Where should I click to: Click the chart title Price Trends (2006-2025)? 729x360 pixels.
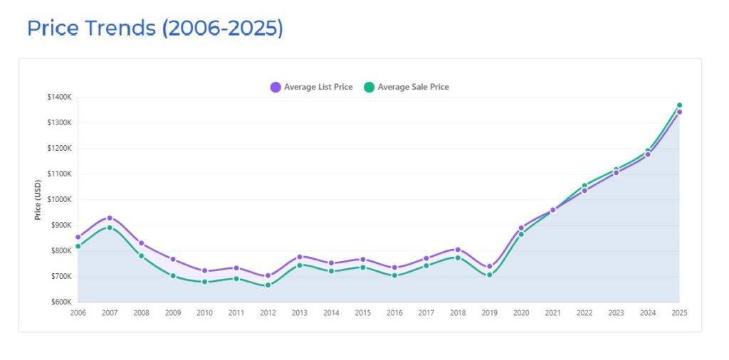(154, 28)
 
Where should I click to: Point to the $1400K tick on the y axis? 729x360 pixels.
(58, 97)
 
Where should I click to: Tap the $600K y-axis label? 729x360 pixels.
(59, 302)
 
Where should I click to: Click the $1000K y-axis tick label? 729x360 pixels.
(58, 199)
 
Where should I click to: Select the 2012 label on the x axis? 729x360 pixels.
(268, 313)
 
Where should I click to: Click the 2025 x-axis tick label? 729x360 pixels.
(679, 313)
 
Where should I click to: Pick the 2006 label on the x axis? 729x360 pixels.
(78, 313)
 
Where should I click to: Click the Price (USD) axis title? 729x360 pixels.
(38, 199)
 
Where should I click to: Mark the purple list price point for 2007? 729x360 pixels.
(110, 218)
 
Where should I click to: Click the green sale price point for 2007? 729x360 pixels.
(110, 228)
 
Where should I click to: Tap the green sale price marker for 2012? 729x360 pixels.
(268, 285)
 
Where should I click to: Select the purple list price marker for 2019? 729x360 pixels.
(489, 267)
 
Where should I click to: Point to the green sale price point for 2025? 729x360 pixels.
(679, 105)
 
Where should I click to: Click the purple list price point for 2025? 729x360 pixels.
(679, 112)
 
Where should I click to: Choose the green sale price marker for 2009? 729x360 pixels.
(173, 275)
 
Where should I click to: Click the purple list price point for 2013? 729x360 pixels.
(300, 256)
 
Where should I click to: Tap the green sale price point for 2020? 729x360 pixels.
(521, 234)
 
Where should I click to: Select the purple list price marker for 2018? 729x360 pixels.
(458, 250)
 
